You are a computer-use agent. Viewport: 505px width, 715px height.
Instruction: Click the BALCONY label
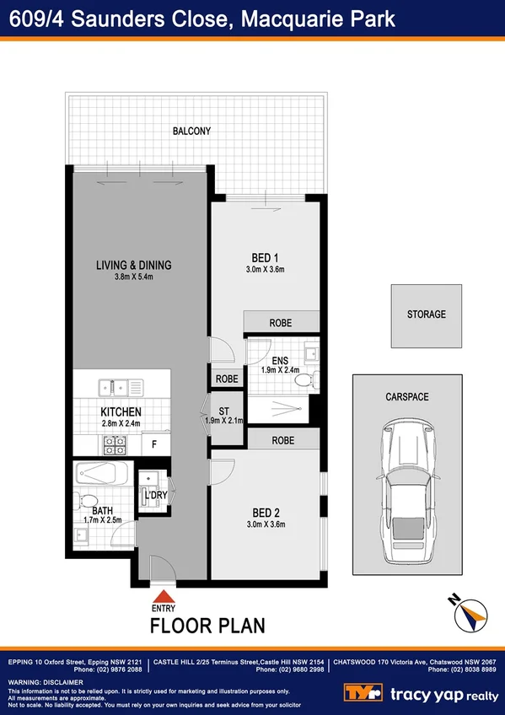191,132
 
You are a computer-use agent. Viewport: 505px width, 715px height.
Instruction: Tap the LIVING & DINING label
133,265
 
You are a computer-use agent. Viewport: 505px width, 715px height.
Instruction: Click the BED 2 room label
266,513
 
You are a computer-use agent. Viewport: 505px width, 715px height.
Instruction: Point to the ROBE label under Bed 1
281,323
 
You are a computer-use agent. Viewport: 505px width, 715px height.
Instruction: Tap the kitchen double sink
117,389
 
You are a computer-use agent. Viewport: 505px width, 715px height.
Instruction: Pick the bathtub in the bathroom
100,472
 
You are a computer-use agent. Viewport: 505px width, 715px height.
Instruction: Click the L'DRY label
153,495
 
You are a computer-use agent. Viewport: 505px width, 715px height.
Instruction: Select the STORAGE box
426,315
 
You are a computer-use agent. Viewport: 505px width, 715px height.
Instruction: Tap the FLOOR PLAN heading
207,626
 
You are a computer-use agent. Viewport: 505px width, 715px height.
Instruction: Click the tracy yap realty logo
421,693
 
